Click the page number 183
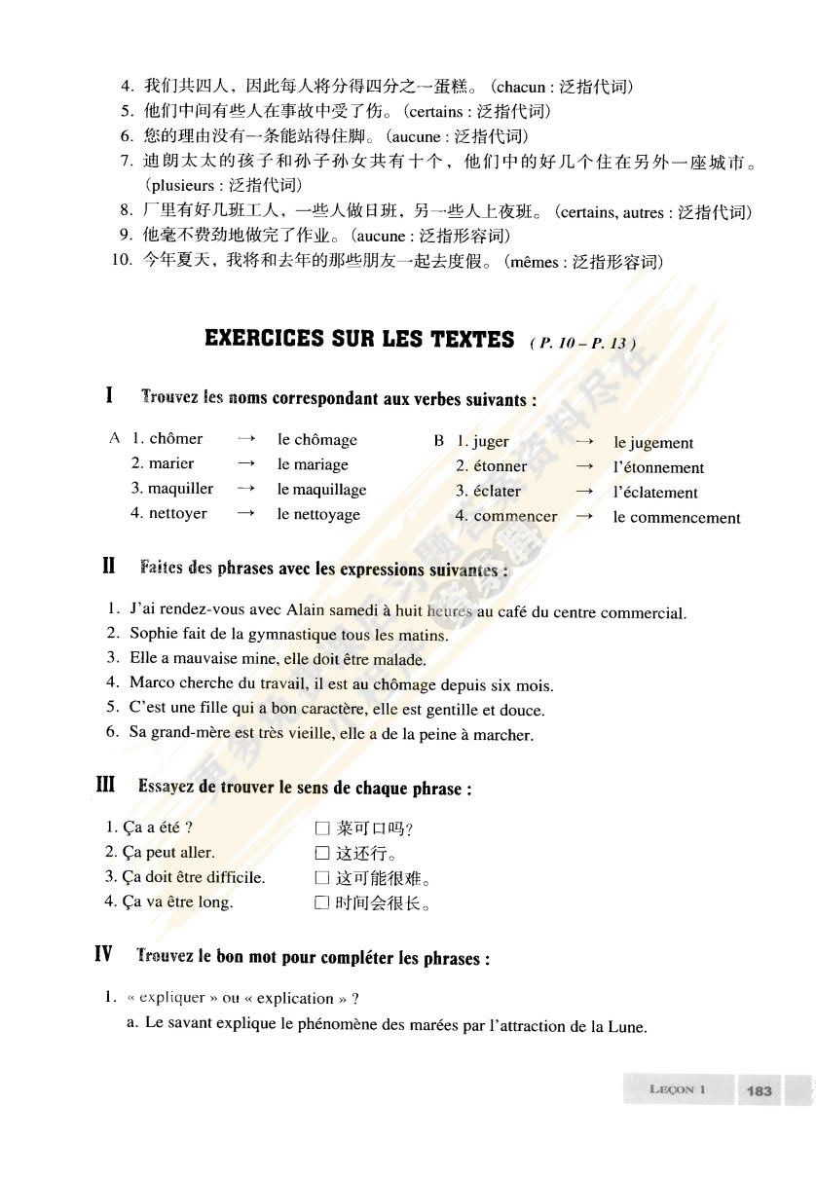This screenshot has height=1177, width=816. pos(759,1090)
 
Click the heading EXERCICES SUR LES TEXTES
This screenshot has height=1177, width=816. pos(359,339)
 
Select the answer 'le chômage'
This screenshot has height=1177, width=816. pos(317,440)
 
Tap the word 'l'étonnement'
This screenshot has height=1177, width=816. pos(658,467)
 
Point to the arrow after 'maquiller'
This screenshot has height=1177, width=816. pos(246,489)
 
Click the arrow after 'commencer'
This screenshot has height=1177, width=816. pos(584,517)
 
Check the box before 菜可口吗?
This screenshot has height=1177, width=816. pos(322,829)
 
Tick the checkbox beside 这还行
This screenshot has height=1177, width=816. pos(322,854)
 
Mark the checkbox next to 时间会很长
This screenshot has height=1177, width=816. pos(322,903)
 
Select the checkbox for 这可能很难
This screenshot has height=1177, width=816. pos(322,878)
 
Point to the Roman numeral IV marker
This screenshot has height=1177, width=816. pos(103,955)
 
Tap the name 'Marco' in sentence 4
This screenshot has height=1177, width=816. pos(151,682)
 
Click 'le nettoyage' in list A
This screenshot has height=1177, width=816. pos(318,514)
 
